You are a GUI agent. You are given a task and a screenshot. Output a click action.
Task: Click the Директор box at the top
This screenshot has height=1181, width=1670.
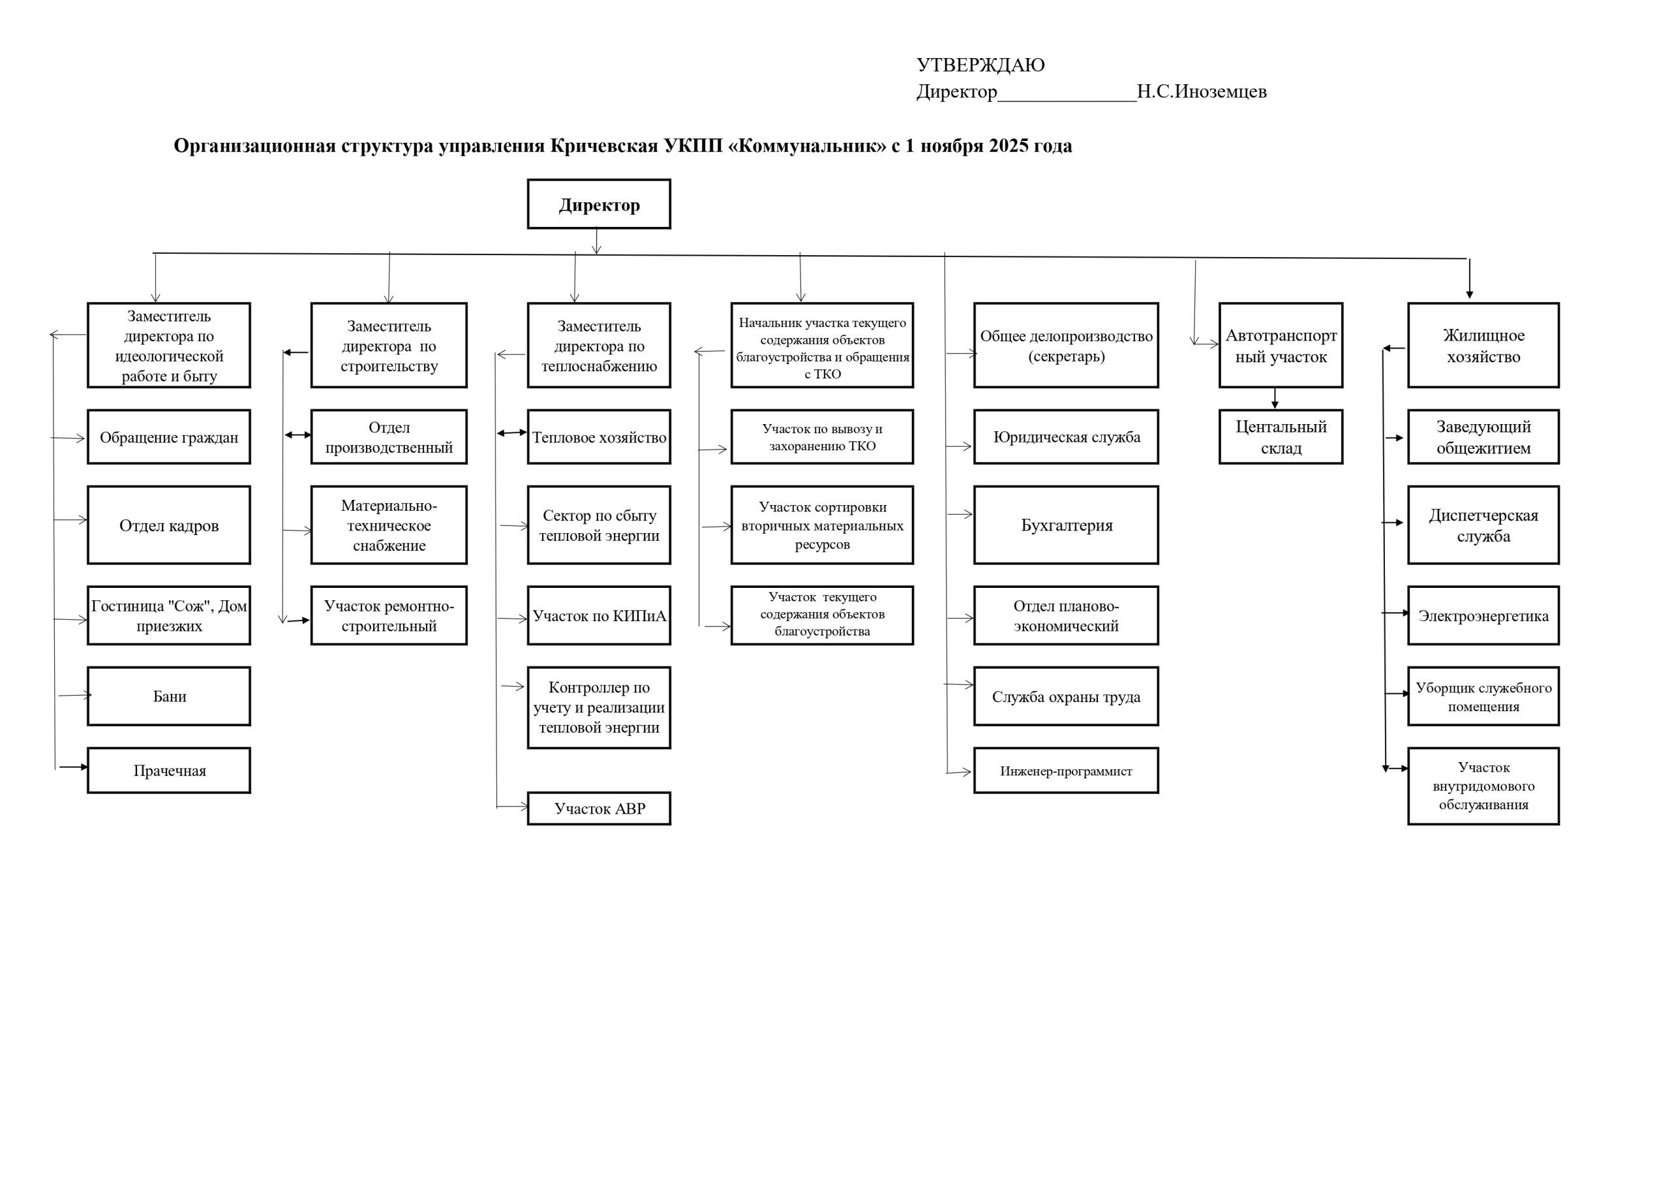tap(599, 204)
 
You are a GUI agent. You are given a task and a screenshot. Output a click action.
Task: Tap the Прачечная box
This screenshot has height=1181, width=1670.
tap(169, 770)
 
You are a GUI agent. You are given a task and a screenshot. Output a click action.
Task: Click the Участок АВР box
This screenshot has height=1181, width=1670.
tap(599, 808)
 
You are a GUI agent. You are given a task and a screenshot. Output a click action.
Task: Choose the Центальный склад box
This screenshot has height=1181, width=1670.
tap(1280, 437)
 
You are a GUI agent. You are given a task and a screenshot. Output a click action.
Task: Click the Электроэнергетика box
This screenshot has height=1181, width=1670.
tap(1483, 615)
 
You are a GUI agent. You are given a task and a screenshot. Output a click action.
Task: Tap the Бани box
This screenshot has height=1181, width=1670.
tap(169, 696)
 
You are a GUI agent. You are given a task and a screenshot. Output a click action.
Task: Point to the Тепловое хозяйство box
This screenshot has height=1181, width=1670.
tap(599, 437)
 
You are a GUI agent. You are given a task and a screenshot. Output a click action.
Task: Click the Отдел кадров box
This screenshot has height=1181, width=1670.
tap(169, 525)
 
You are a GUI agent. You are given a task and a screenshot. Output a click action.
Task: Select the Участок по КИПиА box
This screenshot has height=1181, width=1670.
tap(599, 615)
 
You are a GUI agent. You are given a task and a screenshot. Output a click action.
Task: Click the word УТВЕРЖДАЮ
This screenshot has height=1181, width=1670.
tap(980, 65)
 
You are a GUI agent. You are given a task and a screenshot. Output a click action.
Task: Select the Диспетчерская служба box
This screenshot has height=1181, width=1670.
tap(1483, 525)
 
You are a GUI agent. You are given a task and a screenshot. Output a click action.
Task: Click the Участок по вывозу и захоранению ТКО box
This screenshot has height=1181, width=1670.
tap(822, 437)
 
